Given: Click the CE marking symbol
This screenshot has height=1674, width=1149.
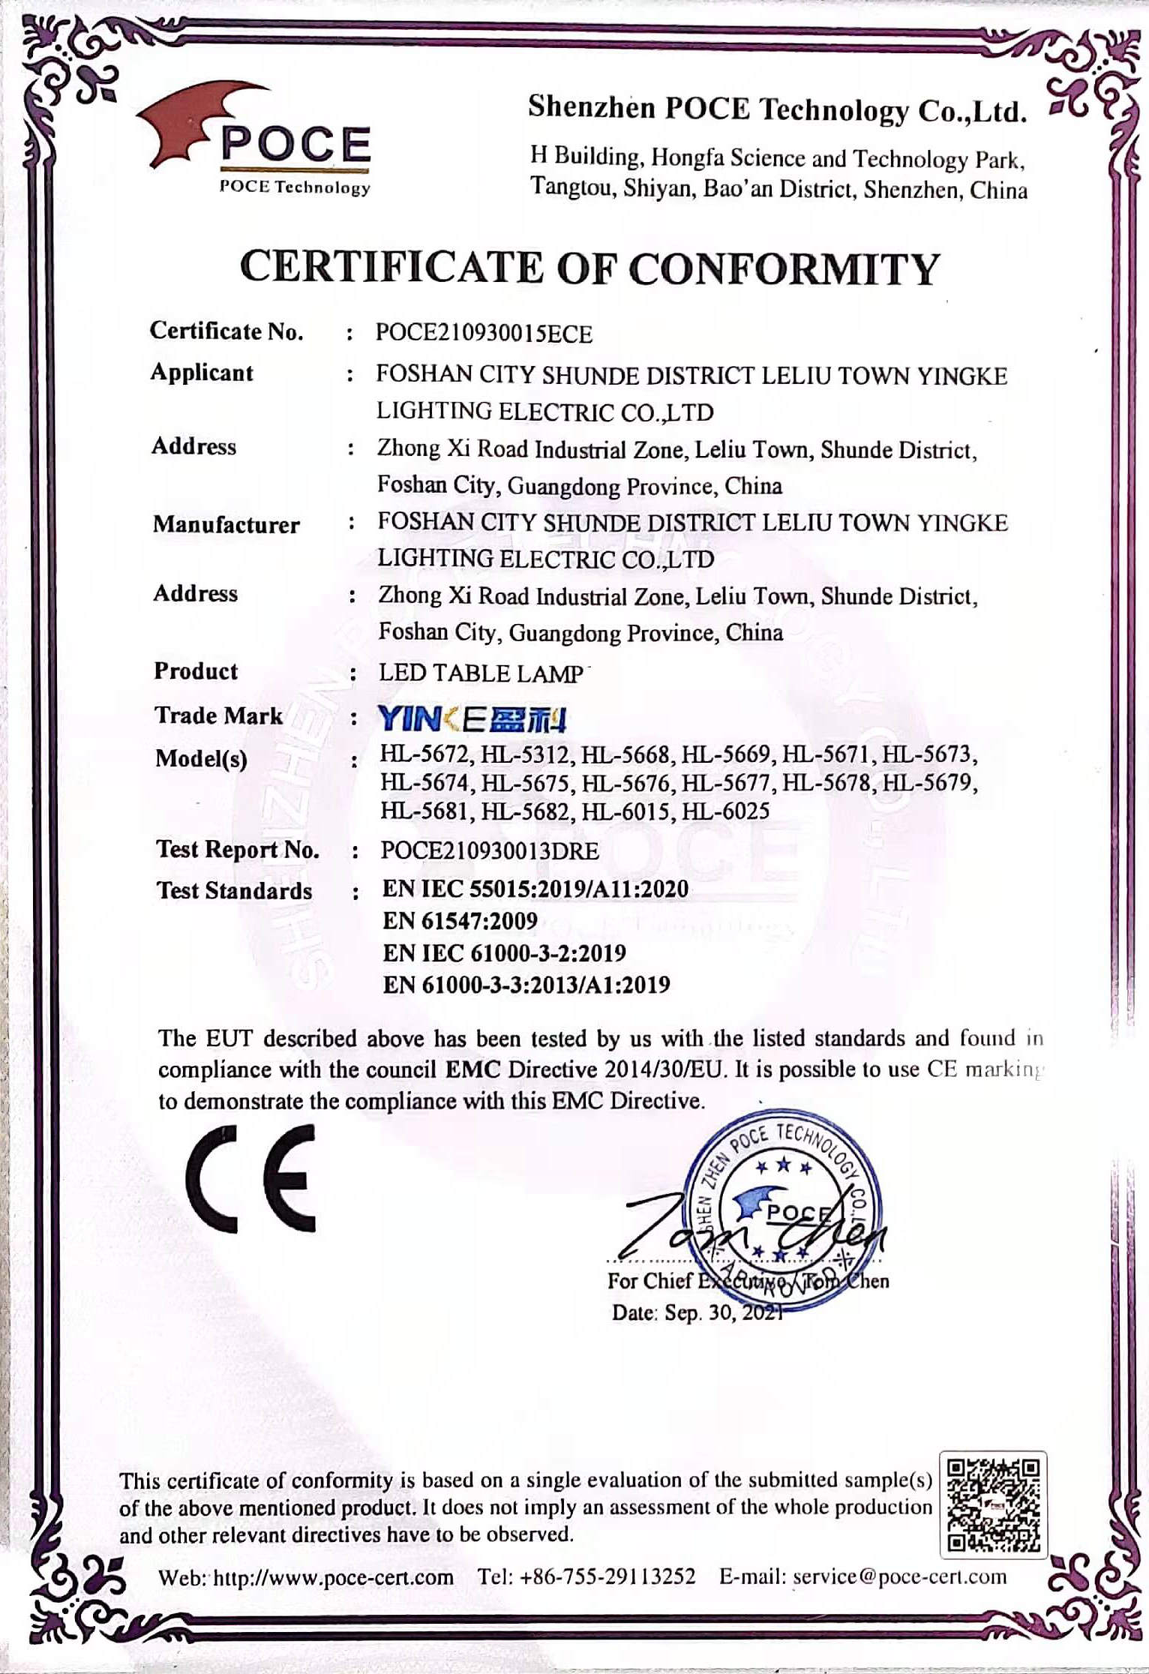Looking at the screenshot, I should pos(251,1178).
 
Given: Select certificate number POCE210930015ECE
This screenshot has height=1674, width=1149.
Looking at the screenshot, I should pos(484,334).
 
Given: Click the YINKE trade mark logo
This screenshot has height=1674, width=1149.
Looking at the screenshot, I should pos(472,719).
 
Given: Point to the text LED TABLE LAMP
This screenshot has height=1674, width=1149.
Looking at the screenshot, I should pos(481,673).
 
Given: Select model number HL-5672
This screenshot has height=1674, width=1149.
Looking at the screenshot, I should pos(424,754).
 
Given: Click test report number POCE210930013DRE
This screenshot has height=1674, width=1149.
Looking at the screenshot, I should pos(490,850).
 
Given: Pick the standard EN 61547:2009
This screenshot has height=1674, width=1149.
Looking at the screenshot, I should pos(460,920).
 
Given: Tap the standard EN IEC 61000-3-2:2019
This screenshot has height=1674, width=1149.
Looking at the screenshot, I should pos(504,952).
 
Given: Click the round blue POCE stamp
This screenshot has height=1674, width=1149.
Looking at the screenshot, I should pos(784,1208).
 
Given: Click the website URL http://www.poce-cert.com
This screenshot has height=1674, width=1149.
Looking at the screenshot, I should pos(334,1577).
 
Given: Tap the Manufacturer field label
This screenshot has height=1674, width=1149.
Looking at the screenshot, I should pos(226,524).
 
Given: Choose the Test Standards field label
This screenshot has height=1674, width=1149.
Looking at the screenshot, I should pos(234,890).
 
